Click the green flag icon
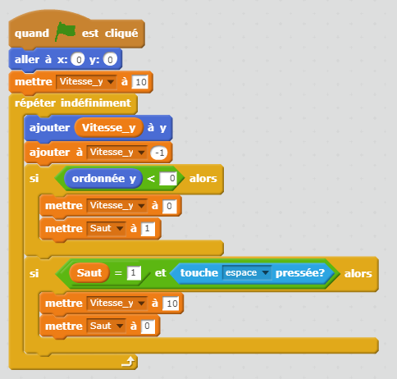coord(66,32)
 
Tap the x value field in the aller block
coord(78,59)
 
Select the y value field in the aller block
coord(110,59)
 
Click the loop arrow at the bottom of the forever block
coord(128,362)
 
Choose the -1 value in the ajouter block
coord(159,153)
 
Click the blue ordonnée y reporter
coord(103,179)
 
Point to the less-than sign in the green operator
coord(151,179)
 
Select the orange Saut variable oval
coord(89,273)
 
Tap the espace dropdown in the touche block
coord(247,273)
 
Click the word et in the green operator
coord(161,273)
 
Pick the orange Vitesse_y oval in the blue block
coord(109,128)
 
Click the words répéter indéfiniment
coord(73,103)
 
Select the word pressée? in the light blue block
coord(300,273)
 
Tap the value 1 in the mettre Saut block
coord(148,229)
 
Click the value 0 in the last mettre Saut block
coord(148,326)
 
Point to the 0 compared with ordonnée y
coord(168,179)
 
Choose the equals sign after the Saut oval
coord(118,273)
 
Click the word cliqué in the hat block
coord(121,34)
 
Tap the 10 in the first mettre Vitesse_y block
coord(140,82)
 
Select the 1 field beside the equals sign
coord(134,273)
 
